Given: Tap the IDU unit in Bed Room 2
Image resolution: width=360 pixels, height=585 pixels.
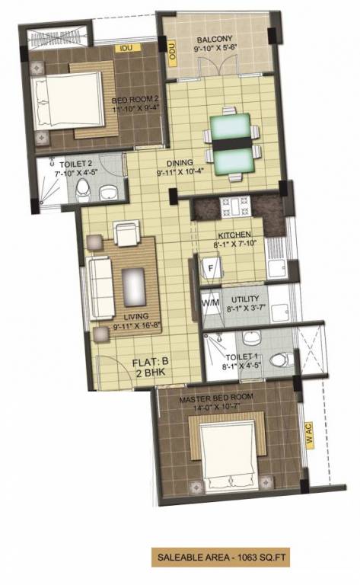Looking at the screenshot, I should coord(126,48).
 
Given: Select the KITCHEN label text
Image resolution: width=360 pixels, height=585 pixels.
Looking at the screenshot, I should coord(229,235).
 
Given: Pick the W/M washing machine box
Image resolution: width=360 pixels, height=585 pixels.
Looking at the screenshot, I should coord(210,303).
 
